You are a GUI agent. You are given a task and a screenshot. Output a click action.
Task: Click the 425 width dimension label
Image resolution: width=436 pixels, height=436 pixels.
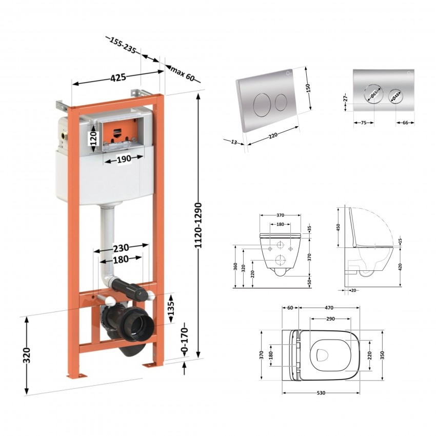click(x=118, y=77)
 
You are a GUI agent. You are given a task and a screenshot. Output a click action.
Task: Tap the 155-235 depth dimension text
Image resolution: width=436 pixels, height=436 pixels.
click(x=123, y=45)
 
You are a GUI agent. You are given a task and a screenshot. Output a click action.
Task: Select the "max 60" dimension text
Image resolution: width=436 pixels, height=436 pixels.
click(x=182, y=73)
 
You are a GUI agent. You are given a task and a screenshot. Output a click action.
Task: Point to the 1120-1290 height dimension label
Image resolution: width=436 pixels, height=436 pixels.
click(x=198, y=226)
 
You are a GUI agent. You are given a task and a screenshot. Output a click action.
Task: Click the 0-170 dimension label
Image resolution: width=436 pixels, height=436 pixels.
click(x=184, y=340)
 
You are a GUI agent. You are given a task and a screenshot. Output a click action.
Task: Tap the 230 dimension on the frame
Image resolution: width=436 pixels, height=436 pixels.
click(x=121, y=247)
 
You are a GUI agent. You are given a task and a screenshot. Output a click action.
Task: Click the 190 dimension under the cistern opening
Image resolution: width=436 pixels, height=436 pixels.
click(x=124, y=159)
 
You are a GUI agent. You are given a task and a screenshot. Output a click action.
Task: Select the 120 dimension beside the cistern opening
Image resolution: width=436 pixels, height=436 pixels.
click(x=94, y=138)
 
